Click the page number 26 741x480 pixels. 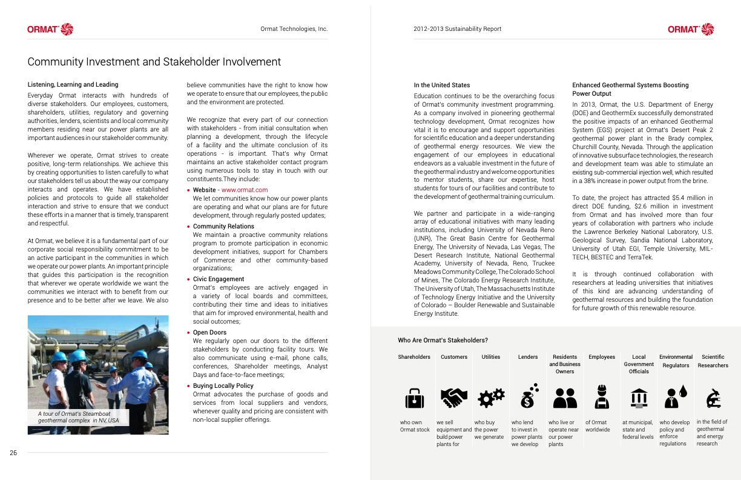click(x=13, y=452)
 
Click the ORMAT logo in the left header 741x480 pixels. click(x=50, y=29)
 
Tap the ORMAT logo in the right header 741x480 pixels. click(x=691, y=29)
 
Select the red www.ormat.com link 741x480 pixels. click(x=245, y=190)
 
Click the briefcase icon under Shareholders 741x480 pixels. click(x=414, y=398)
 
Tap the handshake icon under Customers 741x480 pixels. click(x=454, y=398)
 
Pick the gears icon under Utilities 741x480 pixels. click(x=491, y=398)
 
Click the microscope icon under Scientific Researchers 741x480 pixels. click(x=713, y=398)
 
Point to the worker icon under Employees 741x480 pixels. click(x=602, y=397)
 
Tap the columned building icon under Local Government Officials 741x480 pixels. click(x=639, y=398)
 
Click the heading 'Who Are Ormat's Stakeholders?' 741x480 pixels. click(x=443, y=340)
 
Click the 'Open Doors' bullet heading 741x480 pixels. click(x=209, y=332)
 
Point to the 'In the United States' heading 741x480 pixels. click(x=441, y=85)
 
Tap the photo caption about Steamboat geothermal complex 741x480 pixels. click(x=79, y=417)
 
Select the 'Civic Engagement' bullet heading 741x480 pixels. click(x=218, y=279)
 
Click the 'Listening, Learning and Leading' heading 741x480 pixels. click(x=73, y=84)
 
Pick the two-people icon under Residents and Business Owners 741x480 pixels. click(x=565, y=398)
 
